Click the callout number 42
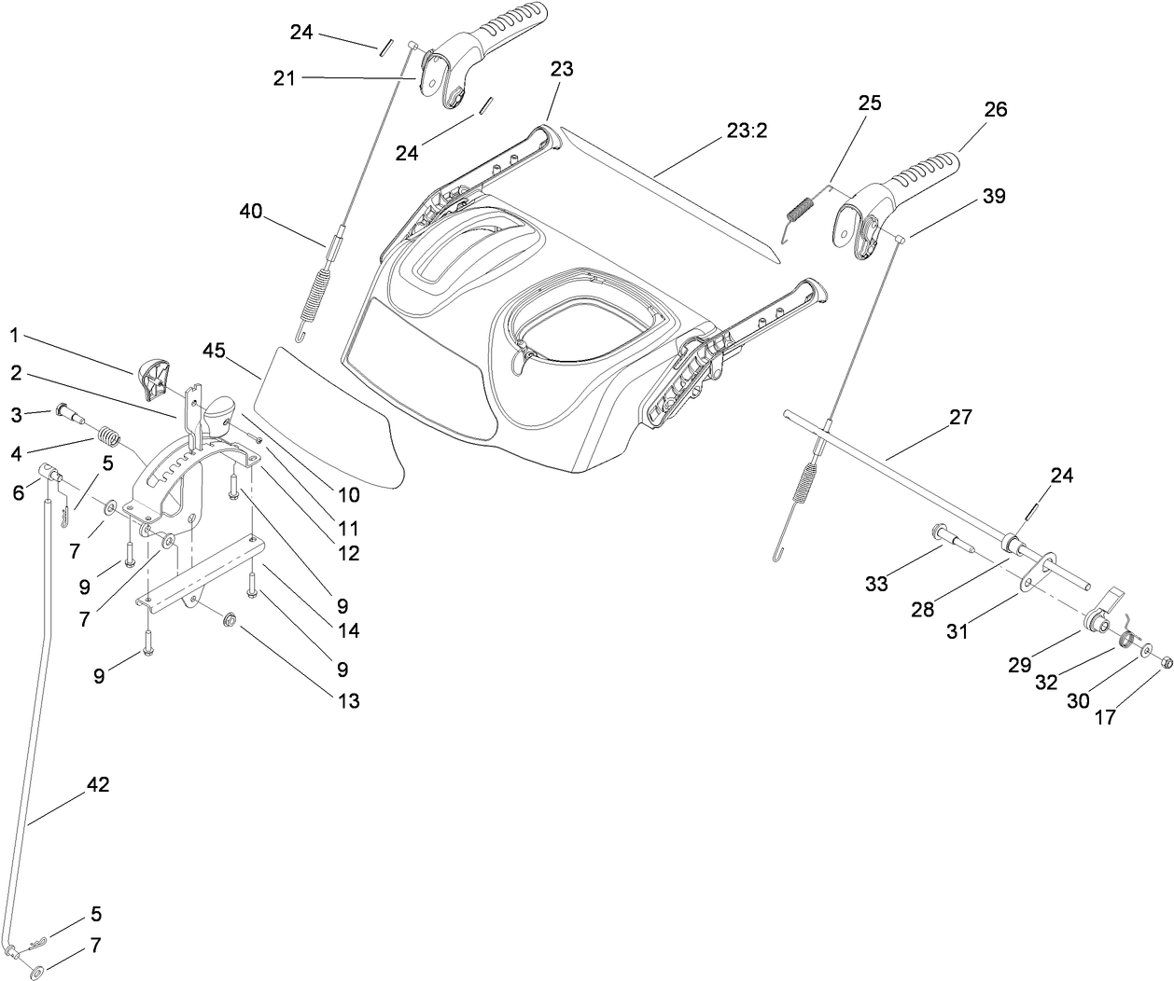click(x=97, y=785)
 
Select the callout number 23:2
click(x=747, y=131)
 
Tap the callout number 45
click(x=214, y=351)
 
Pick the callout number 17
click(x=1104, y=718)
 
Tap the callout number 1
click(x=13, y=334)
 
